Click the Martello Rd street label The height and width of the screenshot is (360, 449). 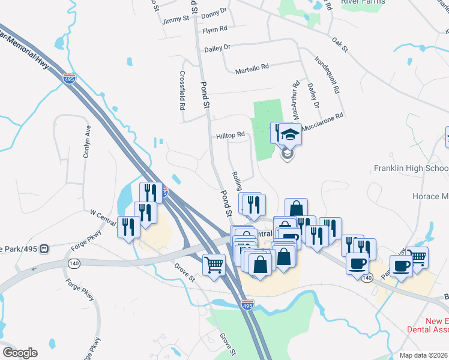pyautogui.click(x=252, y=67)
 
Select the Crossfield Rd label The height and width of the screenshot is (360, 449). pyautogui.click(x=182, y=91)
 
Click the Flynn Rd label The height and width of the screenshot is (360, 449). pyautogui.click(x=215, y=29)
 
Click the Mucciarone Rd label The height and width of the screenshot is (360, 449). pyautogui.click(x=322, y=122)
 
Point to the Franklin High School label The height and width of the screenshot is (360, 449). pyautogui.click(x=411, y=169)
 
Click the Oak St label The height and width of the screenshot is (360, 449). pyautogui.click(x=340, y=43)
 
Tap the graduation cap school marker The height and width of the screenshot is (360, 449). pyautogui.click(x=289, y=135)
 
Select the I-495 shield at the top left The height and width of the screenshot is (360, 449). pyautogui.click(x=69, y=79)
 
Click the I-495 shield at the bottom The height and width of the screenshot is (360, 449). pyautogui.click(x=247, y=304)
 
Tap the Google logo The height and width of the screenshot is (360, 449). pyautogui.click(x=20, y=352)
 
